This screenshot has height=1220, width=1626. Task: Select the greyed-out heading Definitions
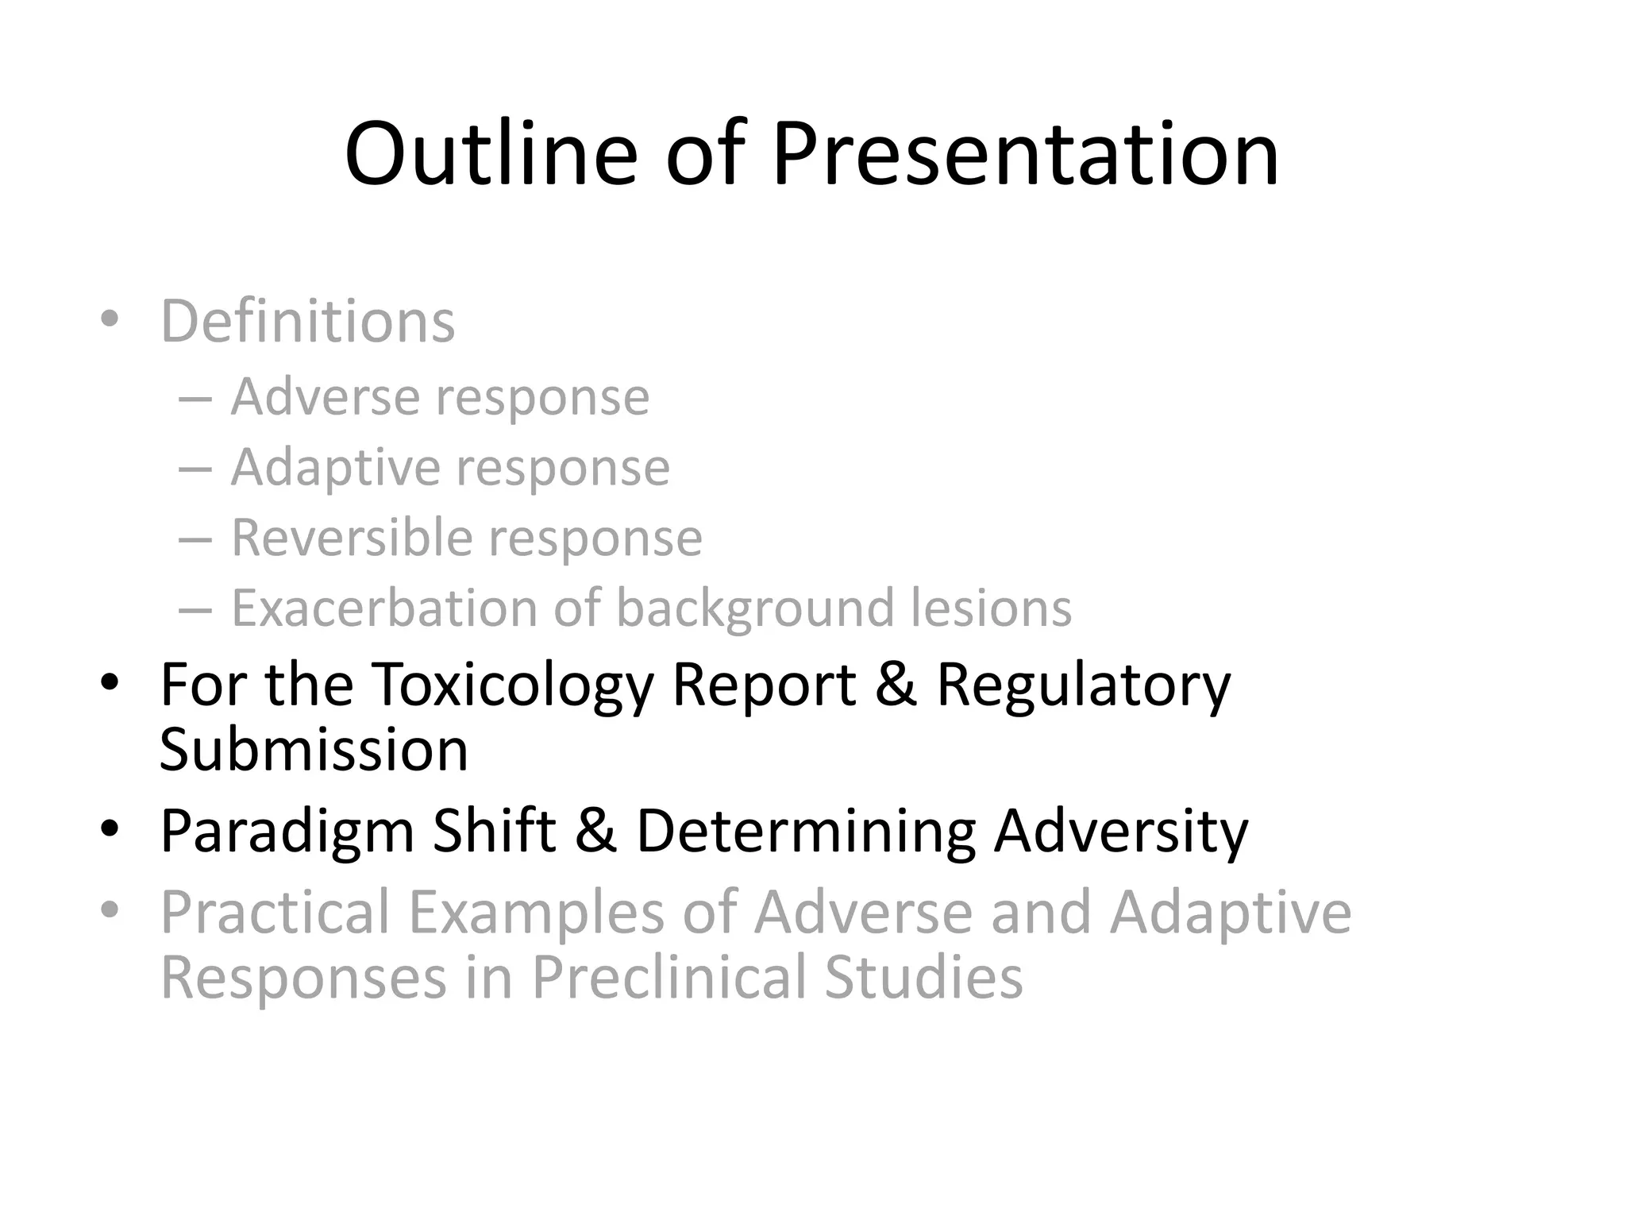(308, 321)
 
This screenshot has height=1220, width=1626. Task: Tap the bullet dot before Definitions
(110, 319)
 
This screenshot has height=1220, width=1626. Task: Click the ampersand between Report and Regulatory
(896, 685)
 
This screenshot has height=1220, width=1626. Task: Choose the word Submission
(314, 750)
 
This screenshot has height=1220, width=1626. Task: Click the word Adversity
(1121, 832)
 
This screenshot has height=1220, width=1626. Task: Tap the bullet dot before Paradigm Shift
(110, 829)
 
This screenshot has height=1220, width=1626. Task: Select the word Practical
(275, 913)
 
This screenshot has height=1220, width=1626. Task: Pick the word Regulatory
(1084, 685)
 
